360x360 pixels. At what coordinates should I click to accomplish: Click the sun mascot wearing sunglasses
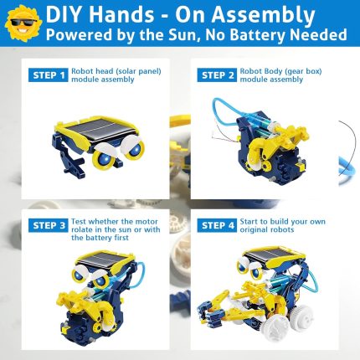[x=23, y=23]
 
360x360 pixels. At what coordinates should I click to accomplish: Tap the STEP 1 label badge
[x=48, y=75]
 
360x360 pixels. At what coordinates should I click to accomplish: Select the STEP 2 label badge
[x=217, y=75]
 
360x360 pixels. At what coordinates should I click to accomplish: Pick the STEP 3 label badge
[x=48, y=225]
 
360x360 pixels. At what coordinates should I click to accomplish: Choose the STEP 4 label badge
[x=217, y=225]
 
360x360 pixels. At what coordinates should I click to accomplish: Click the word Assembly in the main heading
[x=264, y=15]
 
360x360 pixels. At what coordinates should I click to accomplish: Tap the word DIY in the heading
[x=63, y=14]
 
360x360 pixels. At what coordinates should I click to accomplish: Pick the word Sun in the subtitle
[x=186, y=35]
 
